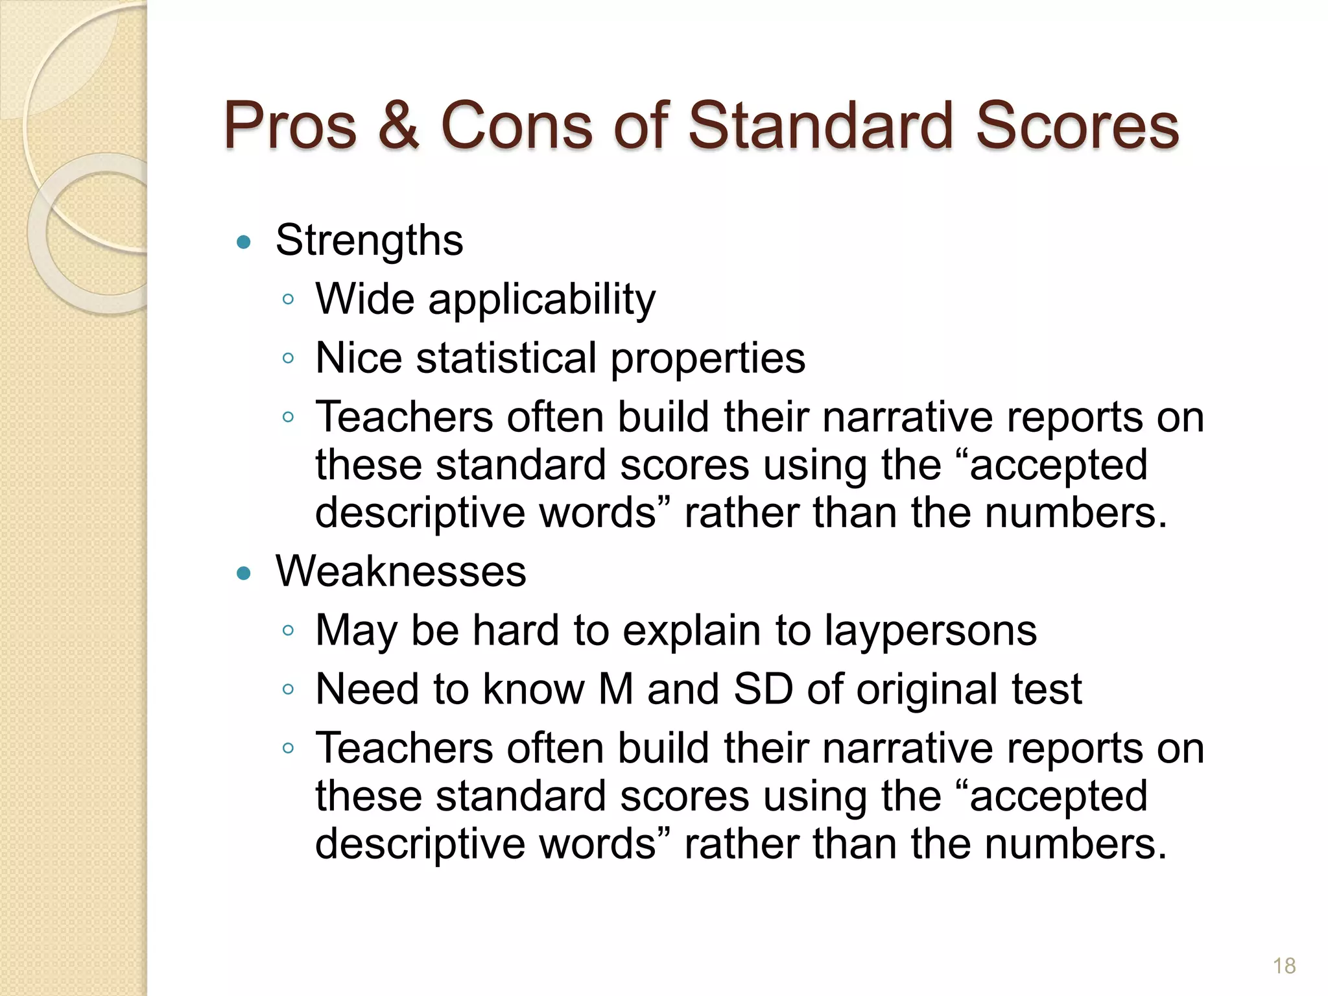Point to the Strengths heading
(369, 241)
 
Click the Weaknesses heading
(401, 572)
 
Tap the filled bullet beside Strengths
(244, 243)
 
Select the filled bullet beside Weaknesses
(244, 573)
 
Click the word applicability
(541, 301)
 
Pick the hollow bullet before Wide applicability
(289, 300)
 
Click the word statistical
(506, 359)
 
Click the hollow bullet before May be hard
(289, 630)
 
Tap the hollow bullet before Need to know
(289, 689)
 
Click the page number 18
(1284, 966)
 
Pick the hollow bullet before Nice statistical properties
(289, 358)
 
